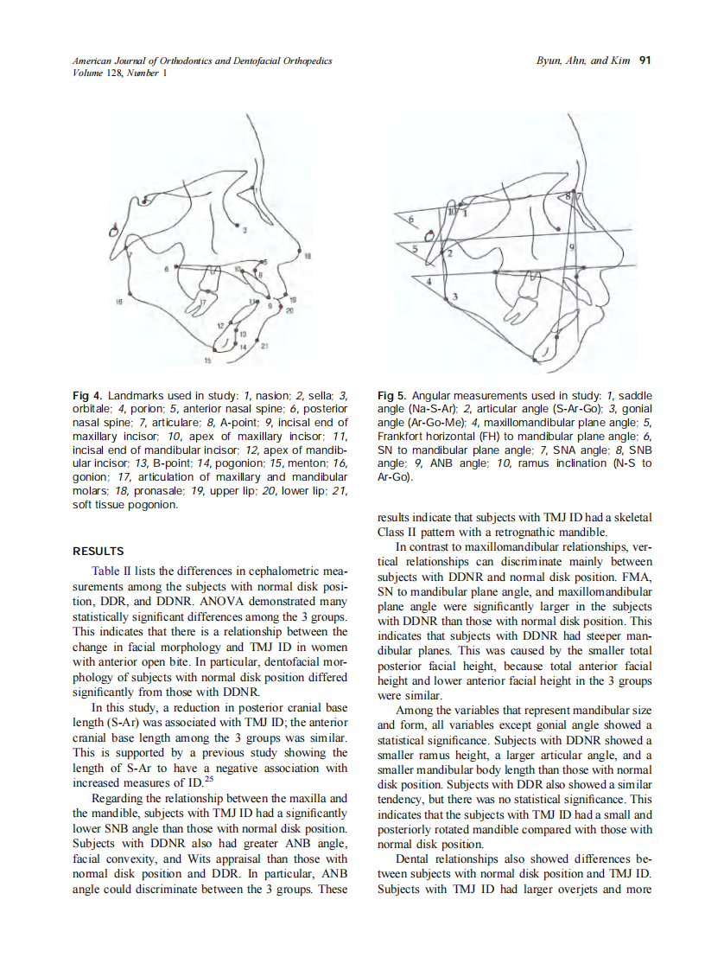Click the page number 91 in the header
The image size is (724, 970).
point(645,61)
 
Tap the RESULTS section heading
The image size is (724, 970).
point(98,551)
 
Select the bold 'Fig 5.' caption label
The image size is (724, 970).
point(393,395)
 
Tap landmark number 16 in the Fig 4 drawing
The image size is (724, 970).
point(119,302)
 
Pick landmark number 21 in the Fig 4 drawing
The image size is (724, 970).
point(264,347)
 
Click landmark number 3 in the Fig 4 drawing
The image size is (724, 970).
point(245,230)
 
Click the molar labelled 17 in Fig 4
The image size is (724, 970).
point(205,303)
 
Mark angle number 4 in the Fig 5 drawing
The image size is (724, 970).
point(428,281)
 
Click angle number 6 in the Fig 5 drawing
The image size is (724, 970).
point(411,220)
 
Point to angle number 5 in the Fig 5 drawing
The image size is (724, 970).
point(415,248)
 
